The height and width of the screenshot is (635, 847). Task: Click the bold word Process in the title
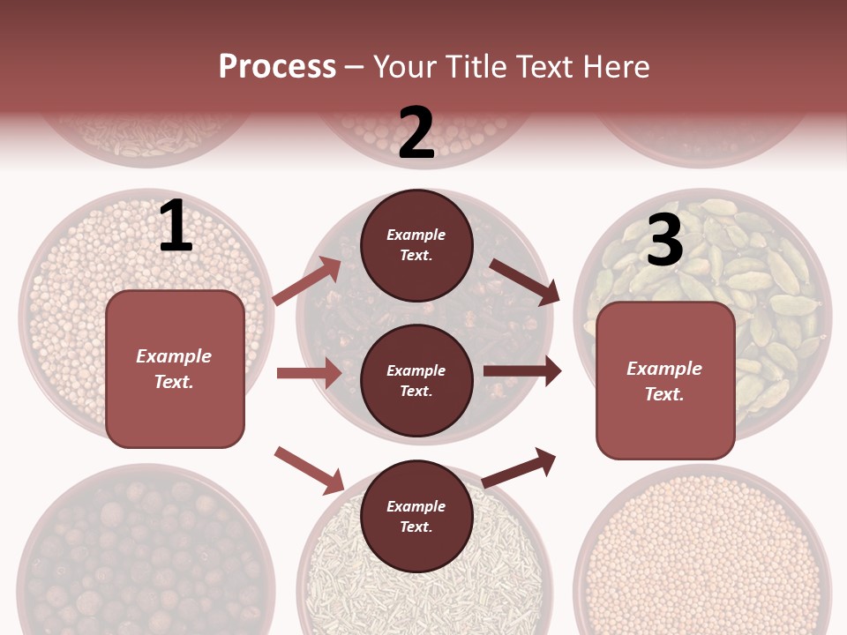pos(277,66)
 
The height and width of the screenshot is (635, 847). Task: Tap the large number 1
pos(176,227)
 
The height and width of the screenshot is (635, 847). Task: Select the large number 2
pos(416,133)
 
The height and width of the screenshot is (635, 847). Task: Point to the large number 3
pos(664,241)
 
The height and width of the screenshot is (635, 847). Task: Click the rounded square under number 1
pos(175,369)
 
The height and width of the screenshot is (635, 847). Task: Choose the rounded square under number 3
pos(665,380)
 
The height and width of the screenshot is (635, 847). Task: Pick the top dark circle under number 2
pos(416,245)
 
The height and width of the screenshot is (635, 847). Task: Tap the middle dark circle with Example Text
pos(416,380)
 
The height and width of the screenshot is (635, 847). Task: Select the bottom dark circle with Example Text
pos(416,516)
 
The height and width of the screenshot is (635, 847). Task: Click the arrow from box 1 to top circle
pos(308,280)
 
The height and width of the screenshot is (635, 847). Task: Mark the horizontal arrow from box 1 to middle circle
pos(309,373)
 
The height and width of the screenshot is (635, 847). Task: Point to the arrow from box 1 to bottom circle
pos(310,469)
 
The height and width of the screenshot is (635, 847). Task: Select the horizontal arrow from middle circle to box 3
pos(522,371)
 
